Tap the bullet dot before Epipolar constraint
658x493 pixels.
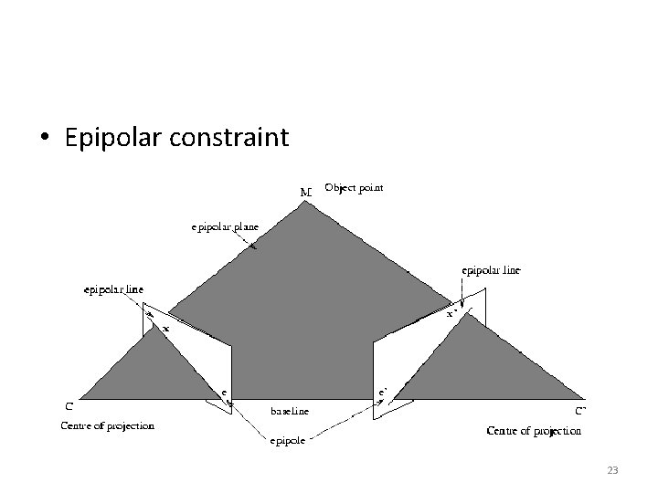click(44, 139)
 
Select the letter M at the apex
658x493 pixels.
click(305, 193)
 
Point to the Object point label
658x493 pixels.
click(355, 188)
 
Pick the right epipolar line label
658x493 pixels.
click(492, 270)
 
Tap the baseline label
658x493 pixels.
click(289, 412)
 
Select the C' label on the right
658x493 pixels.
click(579, 411)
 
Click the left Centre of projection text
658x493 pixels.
click(107, 425)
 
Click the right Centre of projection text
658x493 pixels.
click(534, 430)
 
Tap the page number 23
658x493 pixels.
click(612, 470)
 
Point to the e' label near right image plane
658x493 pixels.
click(384, 391)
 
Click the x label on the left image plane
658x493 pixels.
click(165, 327)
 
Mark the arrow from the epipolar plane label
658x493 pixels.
click(246, 241)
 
